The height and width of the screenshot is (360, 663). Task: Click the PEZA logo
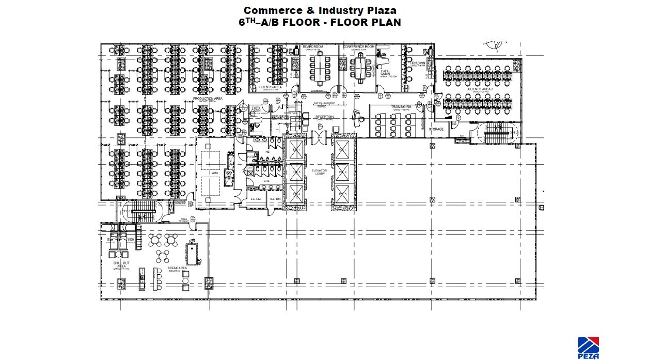point(588,347)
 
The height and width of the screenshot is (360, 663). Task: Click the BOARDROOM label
point(313,47)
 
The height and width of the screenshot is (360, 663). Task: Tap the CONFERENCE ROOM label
point(359,47)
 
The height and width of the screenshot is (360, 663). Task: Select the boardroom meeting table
point(320,67)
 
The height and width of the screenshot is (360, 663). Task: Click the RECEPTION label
point(325,117)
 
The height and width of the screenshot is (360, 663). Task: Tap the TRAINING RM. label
point(401,107)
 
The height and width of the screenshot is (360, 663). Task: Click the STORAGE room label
point(436,129)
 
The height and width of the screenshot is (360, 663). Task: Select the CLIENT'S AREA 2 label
point(480,89)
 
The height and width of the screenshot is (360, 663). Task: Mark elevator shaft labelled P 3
point(342,194)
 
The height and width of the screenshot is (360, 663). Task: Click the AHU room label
point(214,173)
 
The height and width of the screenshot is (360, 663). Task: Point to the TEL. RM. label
point(275,199)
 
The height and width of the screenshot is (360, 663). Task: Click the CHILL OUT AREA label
point(121,264)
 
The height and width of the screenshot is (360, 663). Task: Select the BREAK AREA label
point(177,269)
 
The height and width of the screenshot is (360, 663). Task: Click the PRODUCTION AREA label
point(208,98)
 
